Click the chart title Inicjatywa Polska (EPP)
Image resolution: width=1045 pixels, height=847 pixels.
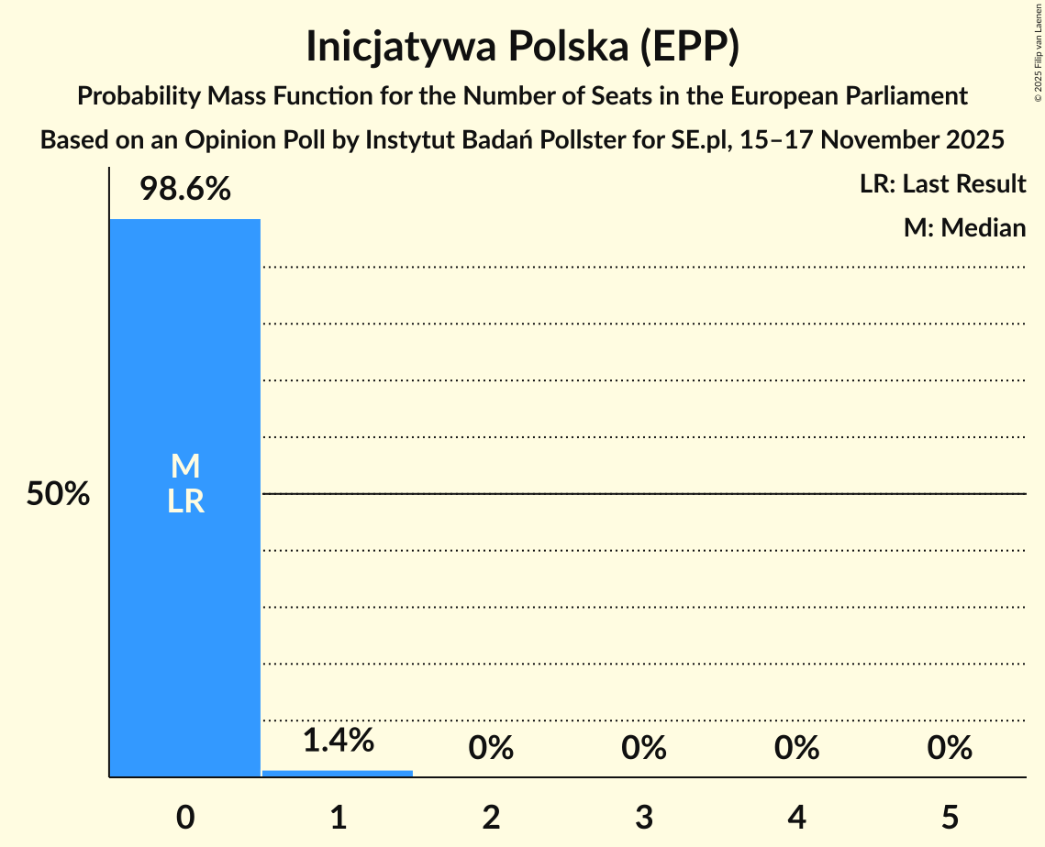522,47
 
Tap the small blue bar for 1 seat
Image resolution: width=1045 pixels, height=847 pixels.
338,773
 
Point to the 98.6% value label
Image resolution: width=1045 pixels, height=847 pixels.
185,190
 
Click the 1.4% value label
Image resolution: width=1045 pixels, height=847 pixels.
338,740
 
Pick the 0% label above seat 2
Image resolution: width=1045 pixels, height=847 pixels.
491,748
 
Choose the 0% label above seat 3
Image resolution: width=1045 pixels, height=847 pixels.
644,748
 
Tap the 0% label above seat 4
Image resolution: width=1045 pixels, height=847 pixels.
796,748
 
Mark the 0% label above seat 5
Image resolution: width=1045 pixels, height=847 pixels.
950,748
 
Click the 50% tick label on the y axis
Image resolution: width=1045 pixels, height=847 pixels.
58,495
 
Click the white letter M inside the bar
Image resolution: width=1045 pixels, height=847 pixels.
185,467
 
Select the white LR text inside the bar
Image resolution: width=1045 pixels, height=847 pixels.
185,502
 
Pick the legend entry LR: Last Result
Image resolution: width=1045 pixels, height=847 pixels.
943,184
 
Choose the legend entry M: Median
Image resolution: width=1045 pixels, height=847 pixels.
964,227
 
